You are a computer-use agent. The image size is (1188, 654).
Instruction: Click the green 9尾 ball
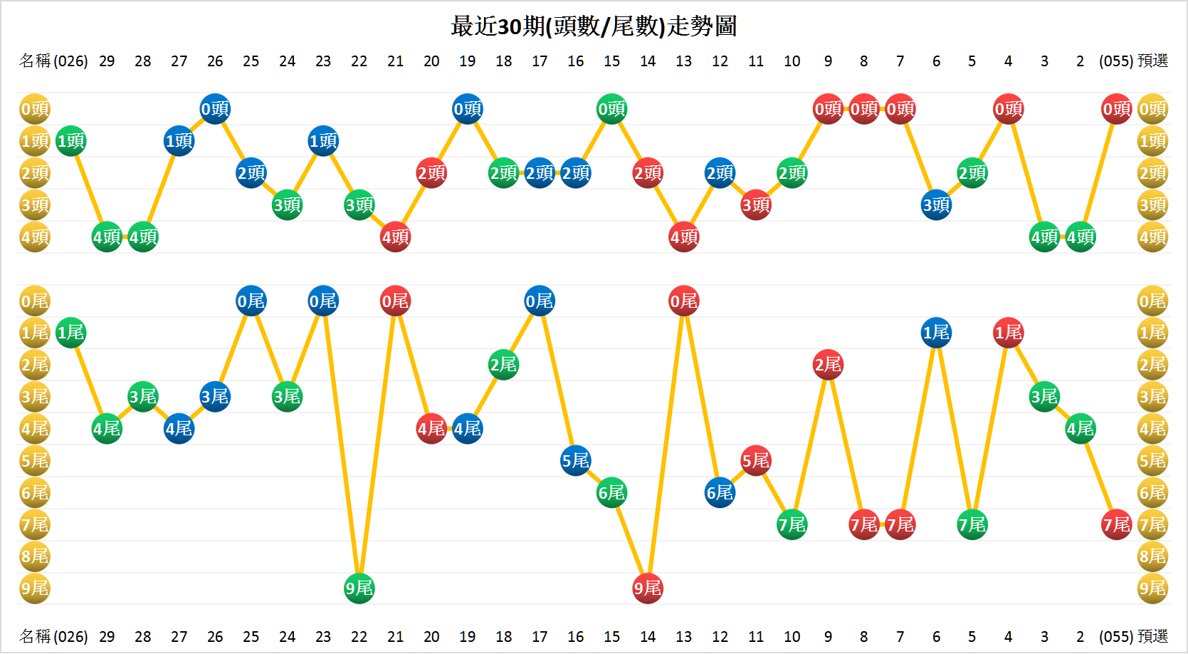pyautogui.click(x=359, y=588)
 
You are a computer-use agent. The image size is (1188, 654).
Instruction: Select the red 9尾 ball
pyautogui.click(x=648, y=588)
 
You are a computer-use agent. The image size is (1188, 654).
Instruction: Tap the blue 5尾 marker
pyautogui.click(x=576, y=461)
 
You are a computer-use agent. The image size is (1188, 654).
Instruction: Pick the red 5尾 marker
pyautogui.click(x=756, y=461)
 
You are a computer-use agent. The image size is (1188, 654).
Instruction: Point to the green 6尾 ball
pyautogui.click(x=611, y=493)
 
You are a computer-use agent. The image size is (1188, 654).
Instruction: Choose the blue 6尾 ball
pyautogui.click(x=720, y=493)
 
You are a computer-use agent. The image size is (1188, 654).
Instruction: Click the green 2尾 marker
pyautogui.click(x=503, y=365)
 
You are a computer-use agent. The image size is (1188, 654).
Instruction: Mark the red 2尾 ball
pyautogui.click(x=828, y=365)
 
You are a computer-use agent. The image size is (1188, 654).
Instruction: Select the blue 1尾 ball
pyautogui.click(x=936, y=333)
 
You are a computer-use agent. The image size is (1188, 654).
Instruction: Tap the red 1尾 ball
pyautogui.click(x=1008, y=333)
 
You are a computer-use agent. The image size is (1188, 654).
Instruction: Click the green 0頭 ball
pyautogui.click(x=611, y=109)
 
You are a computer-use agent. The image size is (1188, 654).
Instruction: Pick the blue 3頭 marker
pyautogui.click(x=936, y=205)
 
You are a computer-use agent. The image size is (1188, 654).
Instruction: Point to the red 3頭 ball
pyautogui.click(x=756, y=205)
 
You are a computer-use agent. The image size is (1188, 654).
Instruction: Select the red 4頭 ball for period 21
pyautogui.click(x=395, y=237)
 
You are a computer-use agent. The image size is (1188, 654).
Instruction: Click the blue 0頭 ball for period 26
pyautogui.click(x=215, y=109)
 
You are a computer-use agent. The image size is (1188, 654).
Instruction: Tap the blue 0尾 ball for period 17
pyautogui.click(x=540, y=301)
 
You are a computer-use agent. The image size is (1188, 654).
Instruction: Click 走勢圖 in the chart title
pyautogui.click(x=702, y=26)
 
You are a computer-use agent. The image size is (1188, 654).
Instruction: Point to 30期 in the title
pyautogui.click(x=521, y=26)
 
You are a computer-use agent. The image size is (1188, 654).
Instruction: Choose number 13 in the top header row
pyautogui.click(x=683, y=61)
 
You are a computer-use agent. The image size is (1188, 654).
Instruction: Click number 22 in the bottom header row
pyautogui.click(x=359, y=636)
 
